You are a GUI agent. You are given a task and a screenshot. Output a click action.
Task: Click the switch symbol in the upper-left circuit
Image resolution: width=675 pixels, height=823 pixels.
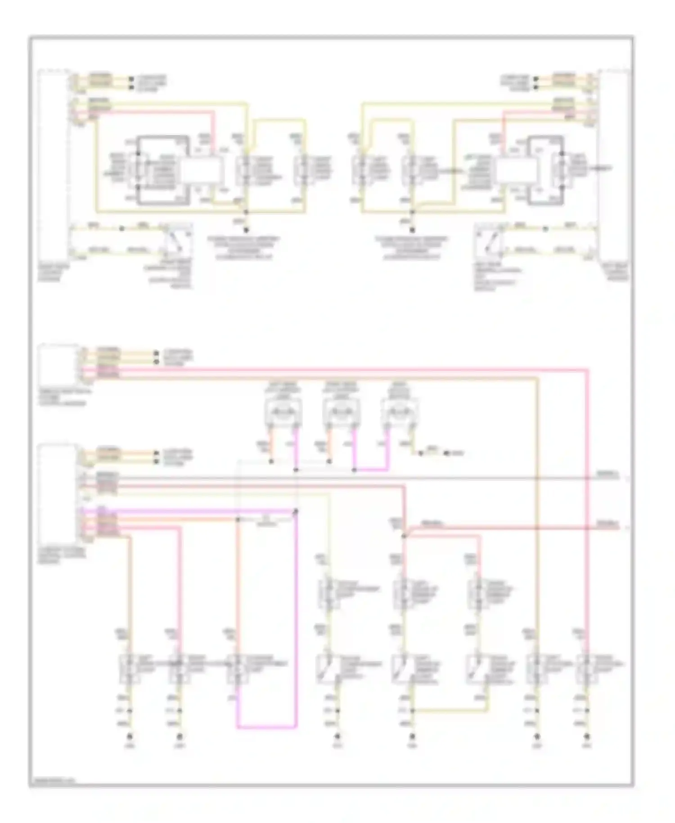[176, 240]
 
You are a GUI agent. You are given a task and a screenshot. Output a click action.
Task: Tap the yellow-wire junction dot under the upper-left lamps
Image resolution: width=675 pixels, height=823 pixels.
[246, 211]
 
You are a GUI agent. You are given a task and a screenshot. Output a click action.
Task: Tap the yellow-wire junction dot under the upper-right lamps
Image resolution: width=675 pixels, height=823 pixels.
[412, 211]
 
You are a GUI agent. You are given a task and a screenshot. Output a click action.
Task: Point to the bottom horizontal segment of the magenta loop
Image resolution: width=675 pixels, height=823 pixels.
[267, 727]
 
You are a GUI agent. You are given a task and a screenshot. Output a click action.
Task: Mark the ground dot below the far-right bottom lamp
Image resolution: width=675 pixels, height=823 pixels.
[587, 737]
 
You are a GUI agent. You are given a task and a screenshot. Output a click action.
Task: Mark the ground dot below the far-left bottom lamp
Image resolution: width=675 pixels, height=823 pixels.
[130, 737]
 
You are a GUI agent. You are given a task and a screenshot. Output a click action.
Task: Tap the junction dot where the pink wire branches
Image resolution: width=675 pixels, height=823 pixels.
[404, 536]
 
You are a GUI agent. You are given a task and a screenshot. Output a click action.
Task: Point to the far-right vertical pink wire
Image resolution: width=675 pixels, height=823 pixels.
[587, 495]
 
